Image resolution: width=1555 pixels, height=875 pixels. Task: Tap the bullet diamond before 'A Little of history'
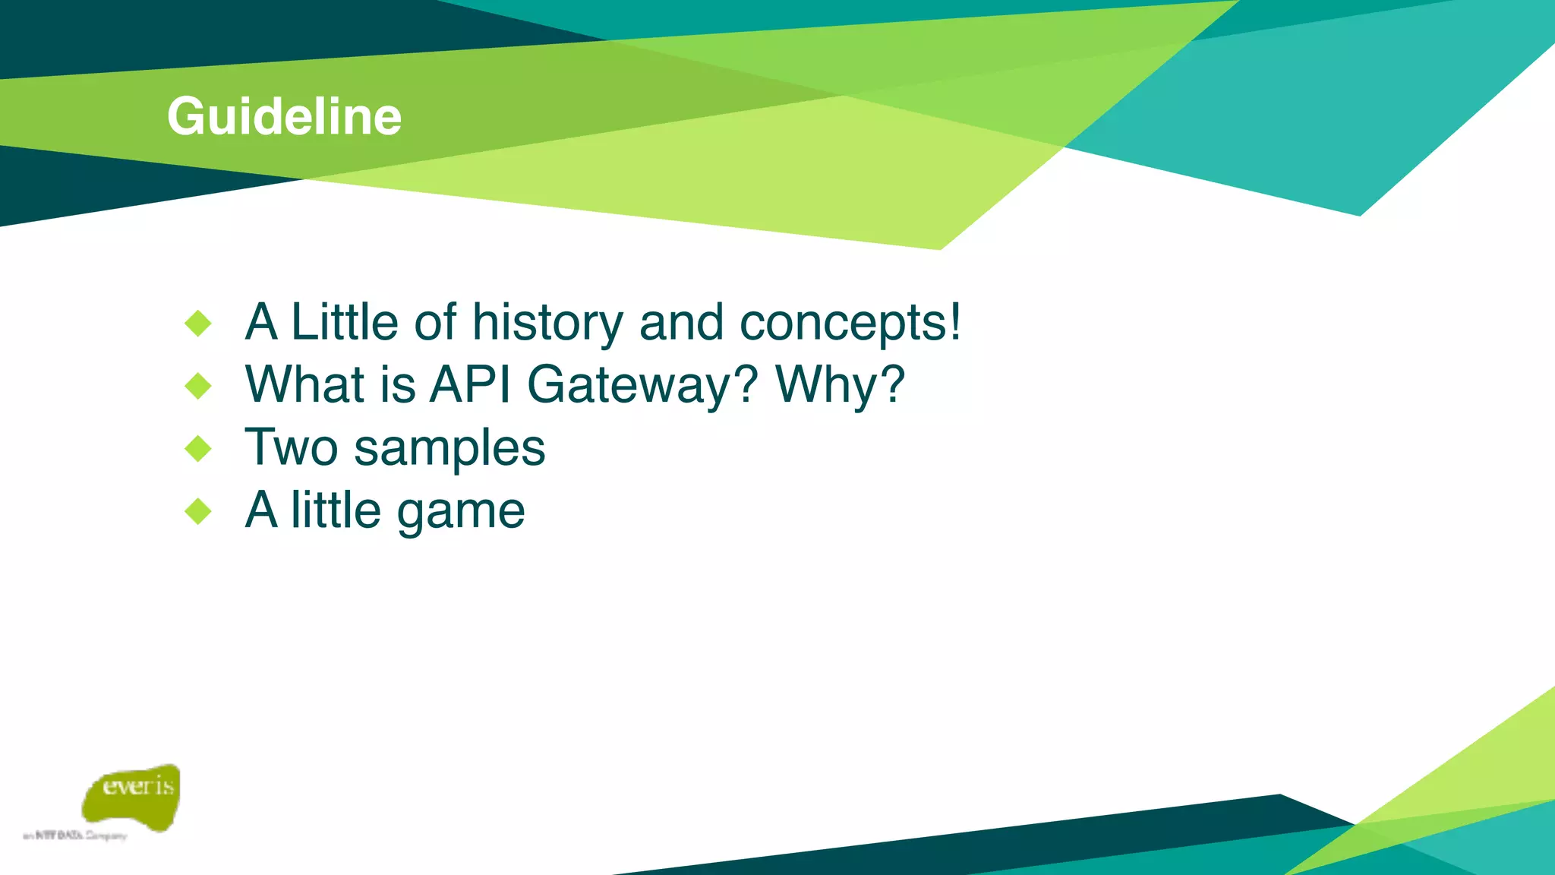click(198, 324)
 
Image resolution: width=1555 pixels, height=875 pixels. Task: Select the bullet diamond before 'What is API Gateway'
click(198, 386)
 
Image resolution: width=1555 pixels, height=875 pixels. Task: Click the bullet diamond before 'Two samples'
click(198, 448)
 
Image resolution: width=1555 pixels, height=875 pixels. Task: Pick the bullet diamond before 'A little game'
click(198, 511)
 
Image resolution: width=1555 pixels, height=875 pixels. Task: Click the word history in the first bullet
click(547, 323)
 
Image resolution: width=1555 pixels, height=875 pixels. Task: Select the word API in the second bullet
click(470, 384)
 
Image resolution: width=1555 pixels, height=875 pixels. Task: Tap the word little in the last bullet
click(336, 510)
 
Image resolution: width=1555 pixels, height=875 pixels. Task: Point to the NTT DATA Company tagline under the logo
click(75, 836)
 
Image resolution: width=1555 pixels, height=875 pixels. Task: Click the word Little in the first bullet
click(344, 322)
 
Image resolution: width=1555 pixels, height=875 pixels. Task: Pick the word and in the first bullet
click(681, 323)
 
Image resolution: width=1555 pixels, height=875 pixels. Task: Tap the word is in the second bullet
click(398, 384)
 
